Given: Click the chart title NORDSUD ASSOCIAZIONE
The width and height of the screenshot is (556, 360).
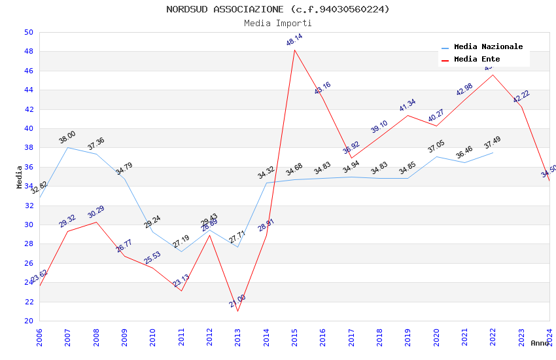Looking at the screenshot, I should [x=277, y=9].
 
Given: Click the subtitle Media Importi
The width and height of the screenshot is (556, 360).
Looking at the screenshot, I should [x=277, y=23].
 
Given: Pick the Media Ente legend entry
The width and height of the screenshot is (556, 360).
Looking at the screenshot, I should [x=477, y=59].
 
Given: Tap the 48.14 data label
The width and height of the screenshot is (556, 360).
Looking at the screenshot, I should [x=294, y=41].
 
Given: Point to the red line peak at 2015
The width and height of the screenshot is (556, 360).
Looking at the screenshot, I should [x=294, y=50].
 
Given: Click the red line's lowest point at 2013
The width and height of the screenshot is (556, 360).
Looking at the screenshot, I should [x=237, y=311].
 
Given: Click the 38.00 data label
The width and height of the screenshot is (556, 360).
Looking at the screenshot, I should [x=67, y=137].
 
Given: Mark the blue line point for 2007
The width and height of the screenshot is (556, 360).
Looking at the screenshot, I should [x=67, y=147].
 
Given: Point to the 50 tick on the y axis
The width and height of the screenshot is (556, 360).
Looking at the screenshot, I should [x=28, y=32].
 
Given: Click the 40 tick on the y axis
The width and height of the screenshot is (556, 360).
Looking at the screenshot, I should [x=28, y=128].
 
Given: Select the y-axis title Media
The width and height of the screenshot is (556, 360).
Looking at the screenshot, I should [x=20, y=177].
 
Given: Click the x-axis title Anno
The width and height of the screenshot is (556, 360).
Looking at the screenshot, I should [x=540, y=343].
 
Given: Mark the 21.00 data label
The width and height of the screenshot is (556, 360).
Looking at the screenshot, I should [x=237, y=300].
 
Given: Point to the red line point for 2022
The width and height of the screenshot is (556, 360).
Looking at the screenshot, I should [x=493, y=75].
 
